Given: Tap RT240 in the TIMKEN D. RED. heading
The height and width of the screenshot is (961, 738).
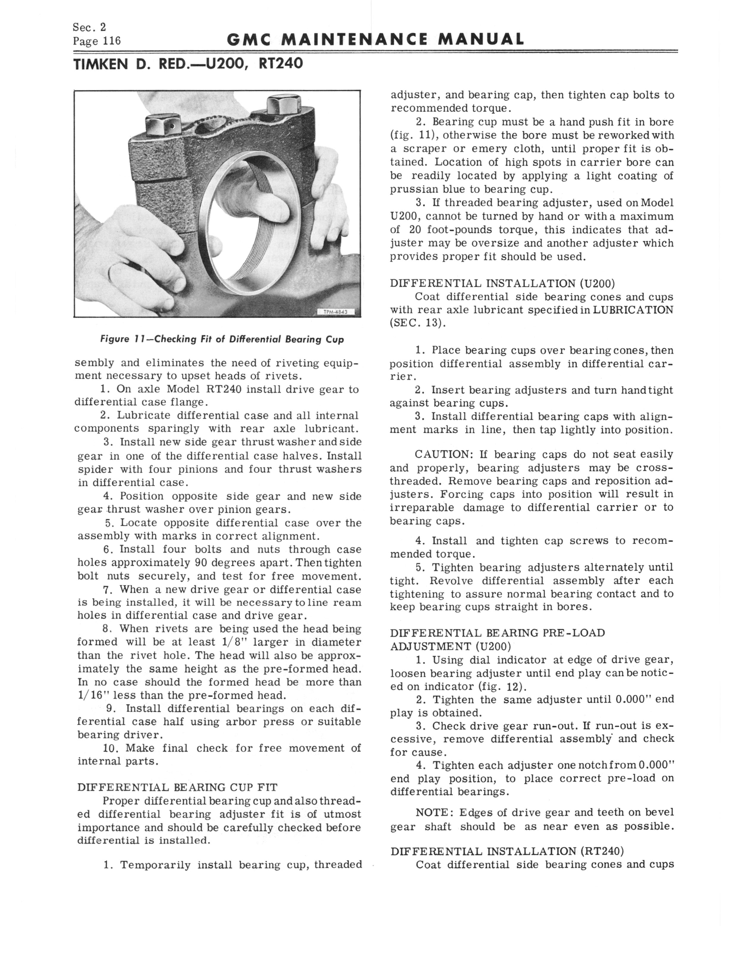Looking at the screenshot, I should (x=281, y=64).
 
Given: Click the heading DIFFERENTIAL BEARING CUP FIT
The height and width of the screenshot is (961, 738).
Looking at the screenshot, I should (x=177, y=787).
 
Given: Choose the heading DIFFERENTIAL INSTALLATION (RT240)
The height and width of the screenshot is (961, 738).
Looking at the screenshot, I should (x=507, y=851).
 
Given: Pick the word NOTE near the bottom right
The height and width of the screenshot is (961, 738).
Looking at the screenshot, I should (x=432, y=812).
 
